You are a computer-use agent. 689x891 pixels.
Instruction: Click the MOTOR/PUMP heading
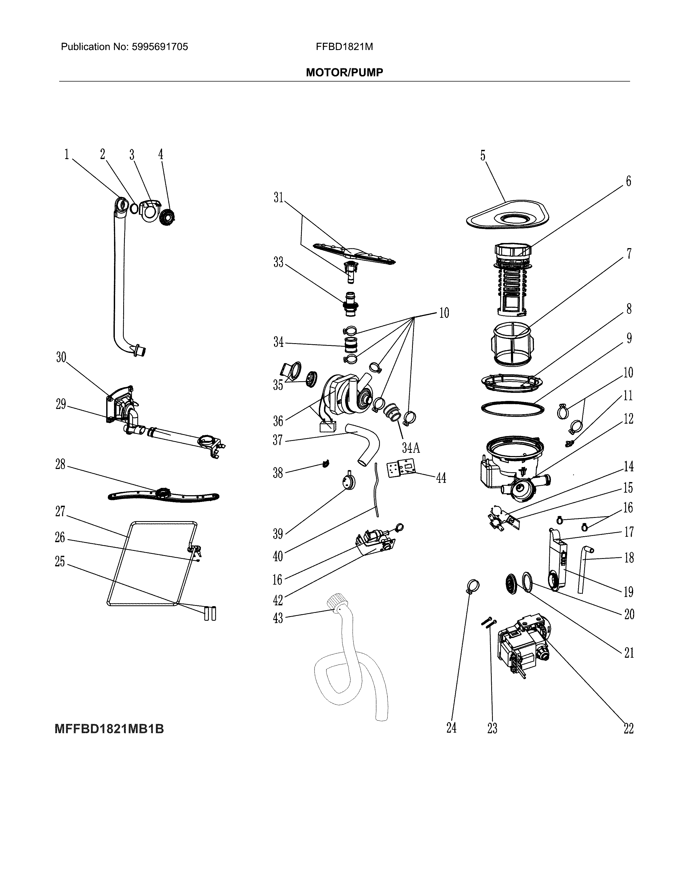tap(344, 73)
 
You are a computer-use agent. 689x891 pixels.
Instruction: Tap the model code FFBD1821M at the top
tap(344, 47)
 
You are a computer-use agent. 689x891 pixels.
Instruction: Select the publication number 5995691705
tap(160, 47)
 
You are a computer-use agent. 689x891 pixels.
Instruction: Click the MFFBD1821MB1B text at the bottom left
tap(109, 729)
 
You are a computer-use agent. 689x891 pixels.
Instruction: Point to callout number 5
tap(483, 156)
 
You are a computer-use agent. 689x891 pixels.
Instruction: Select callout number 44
tap(441, 478)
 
